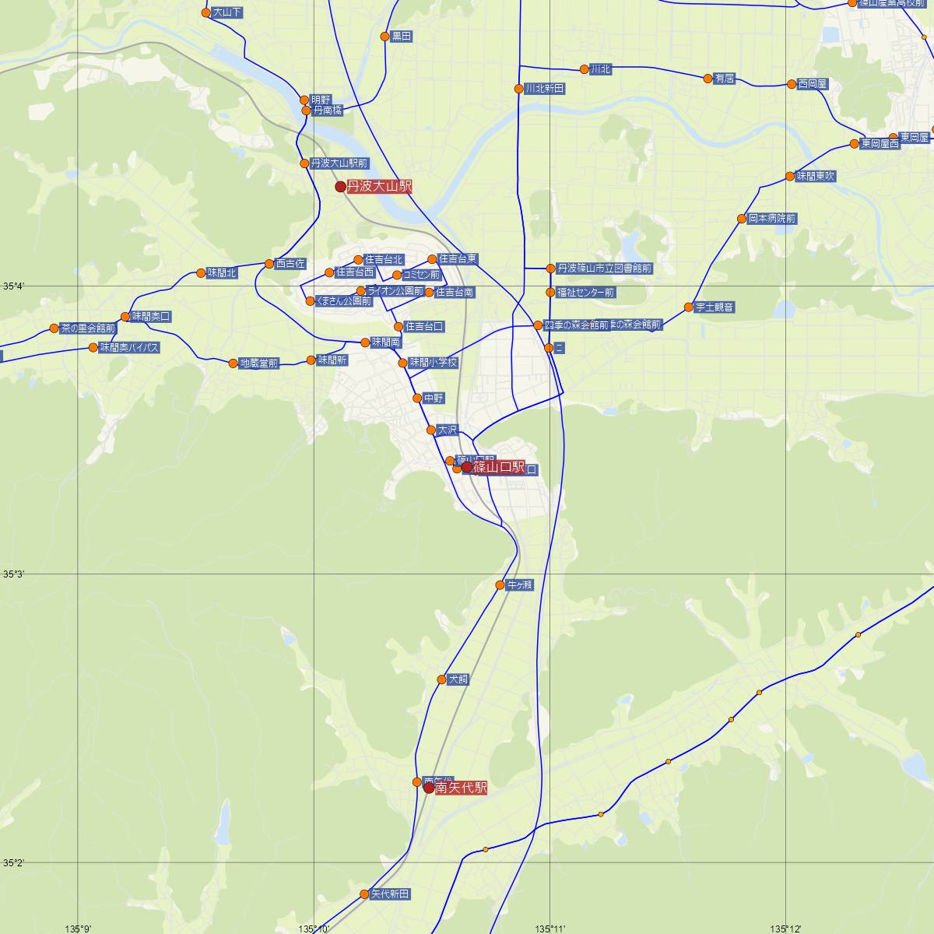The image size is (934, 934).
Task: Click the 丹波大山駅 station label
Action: coord(379,186)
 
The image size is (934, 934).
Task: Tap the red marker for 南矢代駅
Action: coord(429,788)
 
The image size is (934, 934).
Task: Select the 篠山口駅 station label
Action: coord(499,467)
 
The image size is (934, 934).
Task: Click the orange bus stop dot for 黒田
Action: coord(384,37)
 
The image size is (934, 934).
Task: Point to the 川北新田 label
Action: coord(544,89)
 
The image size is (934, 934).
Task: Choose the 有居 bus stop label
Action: coord(725,79)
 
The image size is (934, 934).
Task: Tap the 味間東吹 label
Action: coord(816,177)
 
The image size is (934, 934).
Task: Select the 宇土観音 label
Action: coord(715,307)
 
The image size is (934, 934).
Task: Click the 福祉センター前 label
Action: coord(585,293)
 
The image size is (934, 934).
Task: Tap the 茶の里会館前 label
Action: coord(88,328)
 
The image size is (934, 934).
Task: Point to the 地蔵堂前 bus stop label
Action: coord(258,363)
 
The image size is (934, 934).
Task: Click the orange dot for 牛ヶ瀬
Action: coord(500,585)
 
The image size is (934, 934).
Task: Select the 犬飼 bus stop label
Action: coord(458,679)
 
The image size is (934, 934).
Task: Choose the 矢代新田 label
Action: coord(389,894)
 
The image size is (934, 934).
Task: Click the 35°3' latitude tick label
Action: coord(13,574)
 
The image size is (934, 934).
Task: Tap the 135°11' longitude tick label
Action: coord(550,928)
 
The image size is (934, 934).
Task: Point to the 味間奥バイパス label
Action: coord(129,348)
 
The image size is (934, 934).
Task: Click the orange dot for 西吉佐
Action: coord(269,264)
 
